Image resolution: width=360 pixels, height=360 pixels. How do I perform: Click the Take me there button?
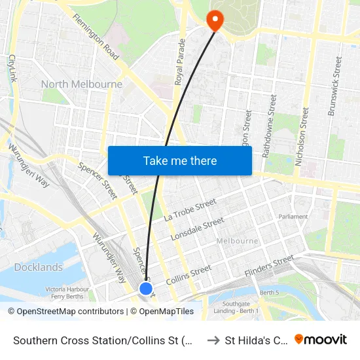pyautogui.click(x=180, y=160)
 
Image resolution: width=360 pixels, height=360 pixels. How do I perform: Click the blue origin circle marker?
pyautogui.click(x=146, y=288)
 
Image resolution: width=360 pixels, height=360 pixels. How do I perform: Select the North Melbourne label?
pyautogui.click(x=82, y=84)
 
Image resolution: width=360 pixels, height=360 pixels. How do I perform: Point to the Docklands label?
pyautogui.click(x=39, y=267)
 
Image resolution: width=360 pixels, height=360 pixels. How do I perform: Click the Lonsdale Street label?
pyautogui.click(x=197, y=229)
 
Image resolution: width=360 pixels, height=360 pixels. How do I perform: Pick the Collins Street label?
pyautogui.click(x=189, y=274)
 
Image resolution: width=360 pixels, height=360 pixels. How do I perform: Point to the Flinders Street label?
pyautogui.click(x=269, y=265)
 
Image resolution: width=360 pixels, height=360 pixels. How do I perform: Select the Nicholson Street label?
pyautogui.click(x=304, y=137)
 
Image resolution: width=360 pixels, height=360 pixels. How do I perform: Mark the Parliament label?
pyautogui.click(x=293, y=217)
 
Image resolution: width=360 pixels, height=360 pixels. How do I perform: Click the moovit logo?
pyautogui.click(x=320, y=339)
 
